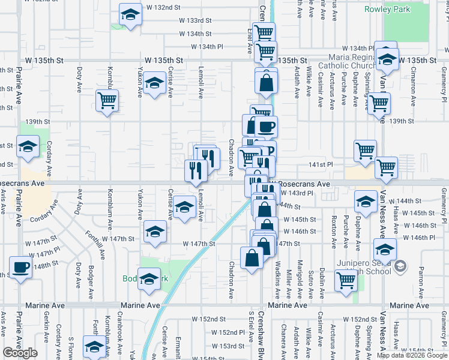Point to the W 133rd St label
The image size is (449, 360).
(x=195, y=20)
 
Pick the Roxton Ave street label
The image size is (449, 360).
(x=334, y=232)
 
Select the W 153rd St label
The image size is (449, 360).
(x=232, y=346)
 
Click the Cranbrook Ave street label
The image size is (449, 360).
(x=120, y=331)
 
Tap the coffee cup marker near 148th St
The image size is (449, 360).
(x=20, y=268)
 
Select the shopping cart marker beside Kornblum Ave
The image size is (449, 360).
(x=107, y=101)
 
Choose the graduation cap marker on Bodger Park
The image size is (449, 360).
(x=149, y=280)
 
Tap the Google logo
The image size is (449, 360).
(x=20, y=352)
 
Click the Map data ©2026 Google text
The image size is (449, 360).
(x=411, y=355)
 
